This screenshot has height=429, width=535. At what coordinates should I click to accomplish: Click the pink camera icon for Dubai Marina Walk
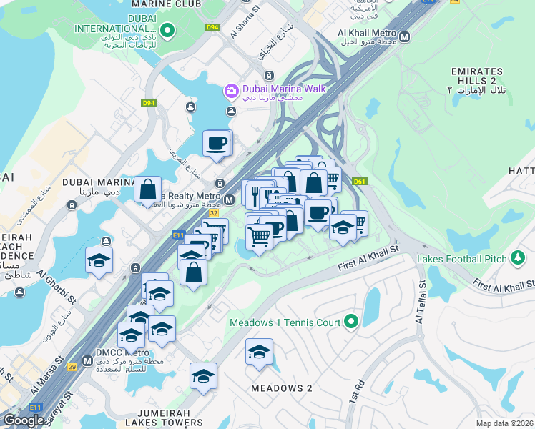(232, 90)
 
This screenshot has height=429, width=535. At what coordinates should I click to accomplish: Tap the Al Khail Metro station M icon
(405, 36)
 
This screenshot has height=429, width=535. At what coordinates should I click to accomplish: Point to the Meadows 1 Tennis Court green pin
(350, 322)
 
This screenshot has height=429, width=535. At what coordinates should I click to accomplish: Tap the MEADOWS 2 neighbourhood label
(282, 388)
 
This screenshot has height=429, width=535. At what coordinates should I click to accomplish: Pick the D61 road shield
(359, 182)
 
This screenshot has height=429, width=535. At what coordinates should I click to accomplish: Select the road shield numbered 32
(214, 212)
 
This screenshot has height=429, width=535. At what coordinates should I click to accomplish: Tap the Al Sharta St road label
(242, 26)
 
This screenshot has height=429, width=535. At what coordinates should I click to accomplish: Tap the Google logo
(24, 420)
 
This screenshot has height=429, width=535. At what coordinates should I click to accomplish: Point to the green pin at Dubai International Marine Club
(167, 30)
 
